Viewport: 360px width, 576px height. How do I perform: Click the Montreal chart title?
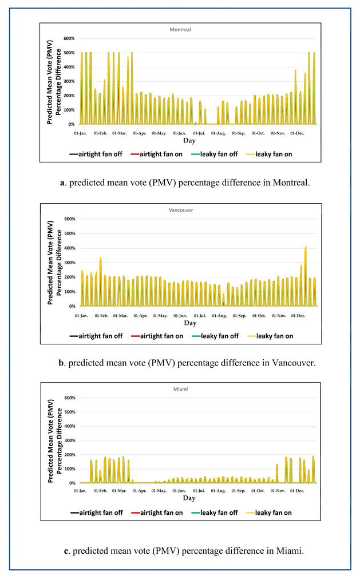tap(180, 29)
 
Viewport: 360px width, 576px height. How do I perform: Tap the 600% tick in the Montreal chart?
tap(69, 38)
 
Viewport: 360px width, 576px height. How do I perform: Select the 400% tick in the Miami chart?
tap(69, 426)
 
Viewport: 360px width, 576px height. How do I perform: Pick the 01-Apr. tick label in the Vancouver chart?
tap(140, 315)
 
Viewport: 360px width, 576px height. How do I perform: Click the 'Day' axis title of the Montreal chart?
tap(189, 140)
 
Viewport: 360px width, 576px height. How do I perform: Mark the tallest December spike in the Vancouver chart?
tap(306, 247)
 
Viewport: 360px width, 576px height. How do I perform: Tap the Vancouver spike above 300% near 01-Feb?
tap(101, 259)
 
